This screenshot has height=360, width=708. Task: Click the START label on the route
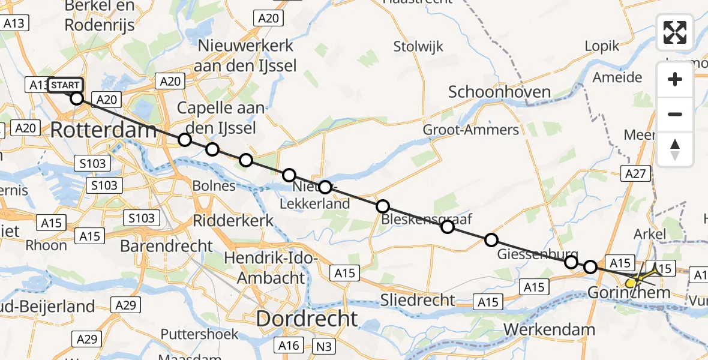click(x=65, y=85)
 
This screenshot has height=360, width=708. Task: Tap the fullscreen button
click(x=675, y=32)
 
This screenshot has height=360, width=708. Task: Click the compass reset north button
click(x=675, y=149)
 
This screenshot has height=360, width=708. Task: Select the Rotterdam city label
click(x=103, y=129)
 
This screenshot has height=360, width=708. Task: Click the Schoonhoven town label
click(x=491, y=92)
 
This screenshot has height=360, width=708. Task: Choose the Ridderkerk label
click(x=233, y=220)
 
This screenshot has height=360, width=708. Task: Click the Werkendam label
click(x=549, y=329)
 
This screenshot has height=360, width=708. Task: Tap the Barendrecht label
click(x=166, y=245)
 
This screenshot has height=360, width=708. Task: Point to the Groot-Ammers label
click(x=471, y=130)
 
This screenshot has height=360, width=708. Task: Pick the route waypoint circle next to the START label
click(x=77, y=98)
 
